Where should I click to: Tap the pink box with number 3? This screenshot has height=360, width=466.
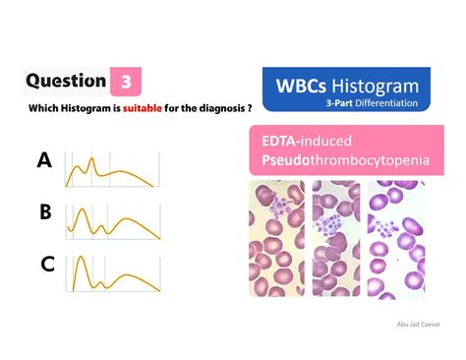(x=125, y=82)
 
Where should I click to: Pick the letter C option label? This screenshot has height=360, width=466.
(x=46, y=263)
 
